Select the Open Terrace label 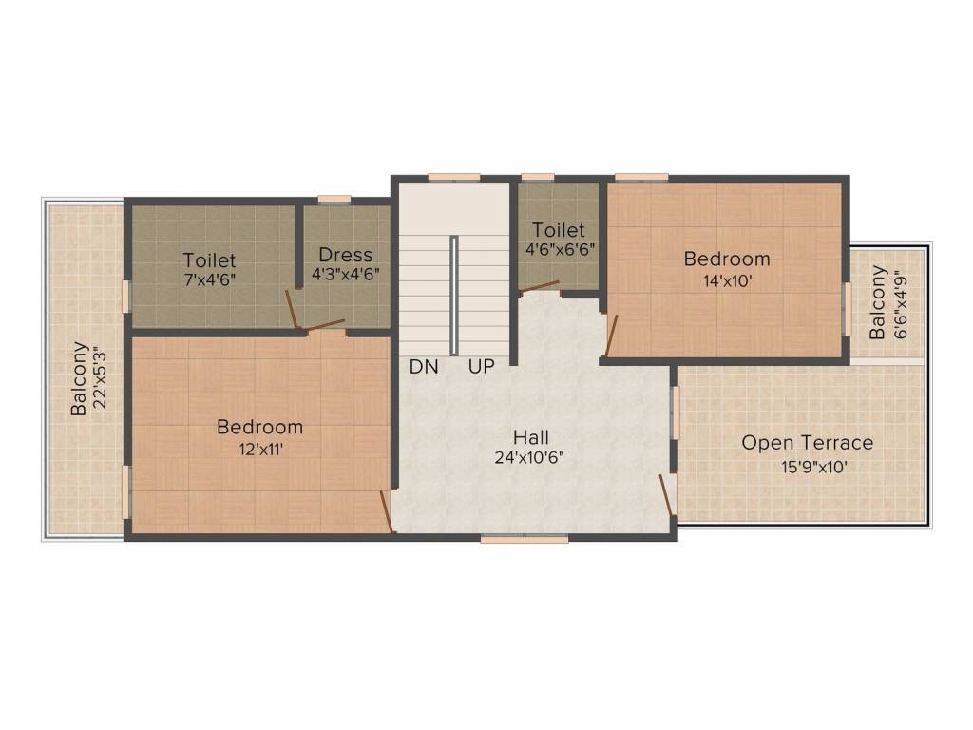pyautogui.click(x=807, y=443)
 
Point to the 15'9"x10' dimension pyautogui.click(x=807, y=467)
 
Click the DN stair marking pyautogui.click(x=424, y=367)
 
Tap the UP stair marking pyautogui.click(x=481, y=367)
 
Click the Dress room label pyautogui.click(x=345, y=255)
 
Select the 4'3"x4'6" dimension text pyautogui.click(x=345, y=275)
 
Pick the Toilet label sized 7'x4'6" pyautogui.click(x=209, y=259)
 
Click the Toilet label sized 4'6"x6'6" pyautogui.click(x=558, y=230)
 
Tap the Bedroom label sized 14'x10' pyautogui.click(x=727, y=259)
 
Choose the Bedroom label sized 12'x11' pyautogui.click(x=259, y=428)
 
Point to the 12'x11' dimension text pyautogui.click(x=259, y=450)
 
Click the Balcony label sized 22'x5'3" pyautogui.click(x=80, y=377)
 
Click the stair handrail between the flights pyautogui.click(x=455, y=295)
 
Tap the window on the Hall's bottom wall pyautogui.click(x=524, y=538)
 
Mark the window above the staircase pyautogui.click(x=453, y=177)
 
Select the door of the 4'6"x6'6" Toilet pyautogui.click(x=539, y=285)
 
